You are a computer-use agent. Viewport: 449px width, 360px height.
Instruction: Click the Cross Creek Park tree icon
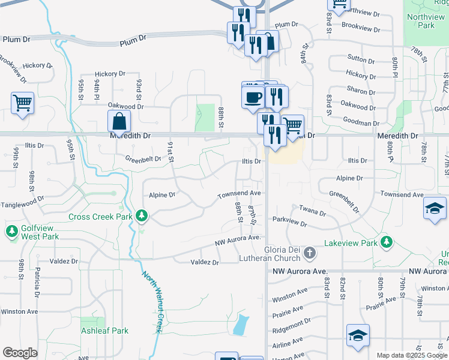(x=142, y=215)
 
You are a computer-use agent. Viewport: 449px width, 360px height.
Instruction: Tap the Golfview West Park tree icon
(x=11, y=230)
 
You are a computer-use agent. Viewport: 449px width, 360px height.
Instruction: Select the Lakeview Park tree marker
(x=387, y=242)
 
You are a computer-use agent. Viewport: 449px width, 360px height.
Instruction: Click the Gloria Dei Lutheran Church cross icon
(x=309, y=253)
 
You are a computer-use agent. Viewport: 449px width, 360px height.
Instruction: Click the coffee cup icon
(x=253, y=96)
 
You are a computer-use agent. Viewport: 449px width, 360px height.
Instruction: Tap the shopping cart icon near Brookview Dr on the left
(x=22, y=102)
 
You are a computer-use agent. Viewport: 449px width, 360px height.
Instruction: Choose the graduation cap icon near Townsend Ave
(x=435, y=208)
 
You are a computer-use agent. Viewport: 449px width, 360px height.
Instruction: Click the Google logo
(x=20, y=353)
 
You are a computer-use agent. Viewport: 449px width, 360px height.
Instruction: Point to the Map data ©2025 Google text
(x=412, y=355)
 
